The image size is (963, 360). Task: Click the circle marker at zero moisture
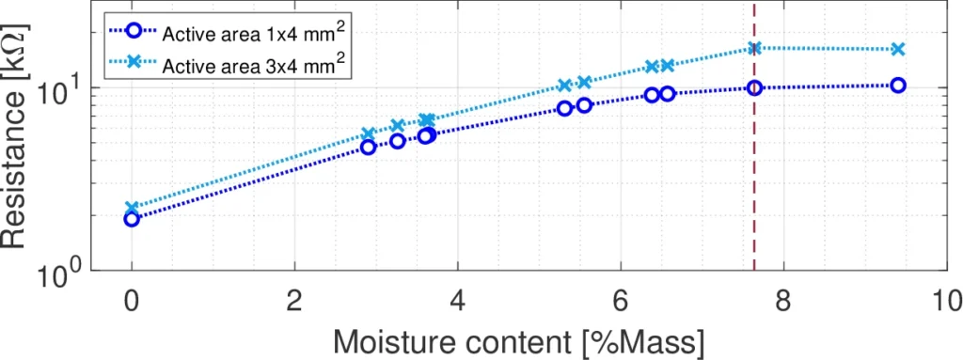tap(132, 219)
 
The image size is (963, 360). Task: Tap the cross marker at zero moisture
tap(132, 207)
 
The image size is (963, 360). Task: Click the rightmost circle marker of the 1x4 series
tap(898, 85)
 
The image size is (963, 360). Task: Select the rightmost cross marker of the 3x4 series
tap(898, 49)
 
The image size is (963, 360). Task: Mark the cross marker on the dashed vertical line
tap(754, 48)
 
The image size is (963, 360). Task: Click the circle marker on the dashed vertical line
tap(754, 87)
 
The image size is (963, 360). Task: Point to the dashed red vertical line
tap(754, 188)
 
